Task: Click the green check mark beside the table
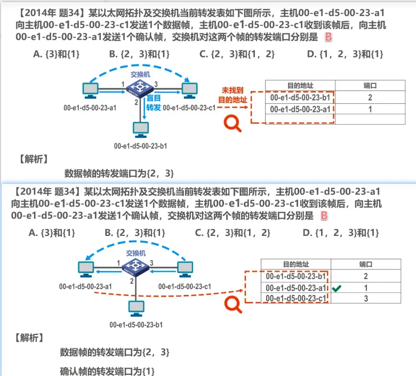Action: (337, 288)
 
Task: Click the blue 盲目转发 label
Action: (154, 102)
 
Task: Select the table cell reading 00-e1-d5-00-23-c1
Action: (296, 299)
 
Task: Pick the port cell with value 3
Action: (366, 299)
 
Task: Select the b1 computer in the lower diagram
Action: (137, 308)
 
